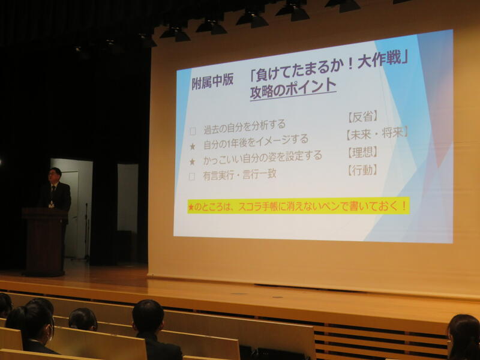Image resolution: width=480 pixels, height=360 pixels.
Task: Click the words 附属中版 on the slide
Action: [212, 82]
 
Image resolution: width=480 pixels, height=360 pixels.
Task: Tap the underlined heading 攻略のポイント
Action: [293, 89]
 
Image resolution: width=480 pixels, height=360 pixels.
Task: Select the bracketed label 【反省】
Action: [363, 116]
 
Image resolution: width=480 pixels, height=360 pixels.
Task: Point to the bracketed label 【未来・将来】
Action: [377, 133]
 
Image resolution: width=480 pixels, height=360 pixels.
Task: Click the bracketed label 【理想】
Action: [363, 152]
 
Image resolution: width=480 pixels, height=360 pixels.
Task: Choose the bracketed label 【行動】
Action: [362, 170]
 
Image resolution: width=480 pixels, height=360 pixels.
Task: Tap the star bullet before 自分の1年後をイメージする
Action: [193, 146]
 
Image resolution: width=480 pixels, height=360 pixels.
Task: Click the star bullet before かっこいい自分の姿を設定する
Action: [192, 161]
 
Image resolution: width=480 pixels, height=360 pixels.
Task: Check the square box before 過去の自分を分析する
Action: [193, 131]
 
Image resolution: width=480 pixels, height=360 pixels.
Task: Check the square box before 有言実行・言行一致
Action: [192, 176]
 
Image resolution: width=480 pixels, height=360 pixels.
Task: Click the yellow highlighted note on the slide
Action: [298, 206]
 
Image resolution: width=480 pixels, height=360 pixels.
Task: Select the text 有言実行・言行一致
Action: [239, 175]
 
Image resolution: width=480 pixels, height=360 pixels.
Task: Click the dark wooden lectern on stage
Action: [44, 242]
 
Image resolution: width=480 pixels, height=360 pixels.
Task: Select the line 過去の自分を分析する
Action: [245, 127]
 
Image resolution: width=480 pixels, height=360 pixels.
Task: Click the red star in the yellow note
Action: [191, 208]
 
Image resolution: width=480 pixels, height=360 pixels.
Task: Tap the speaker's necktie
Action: [53, 192]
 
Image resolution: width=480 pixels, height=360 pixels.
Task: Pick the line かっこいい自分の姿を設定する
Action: [263, 157]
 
